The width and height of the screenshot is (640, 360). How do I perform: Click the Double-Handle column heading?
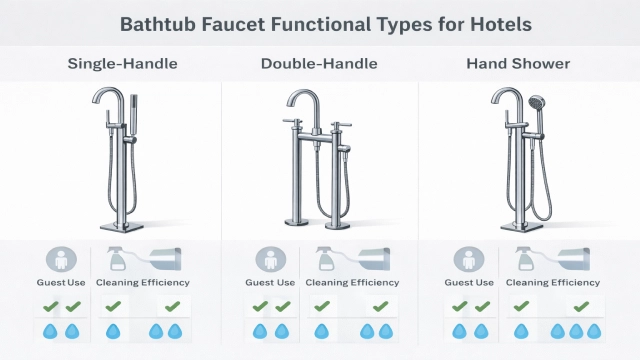(319, 64)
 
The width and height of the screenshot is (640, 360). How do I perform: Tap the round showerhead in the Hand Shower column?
(537, 102)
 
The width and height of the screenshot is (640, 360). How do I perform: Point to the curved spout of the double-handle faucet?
(301, 100)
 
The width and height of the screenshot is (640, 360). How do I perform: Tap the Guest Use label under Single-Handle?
(59, 283)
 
